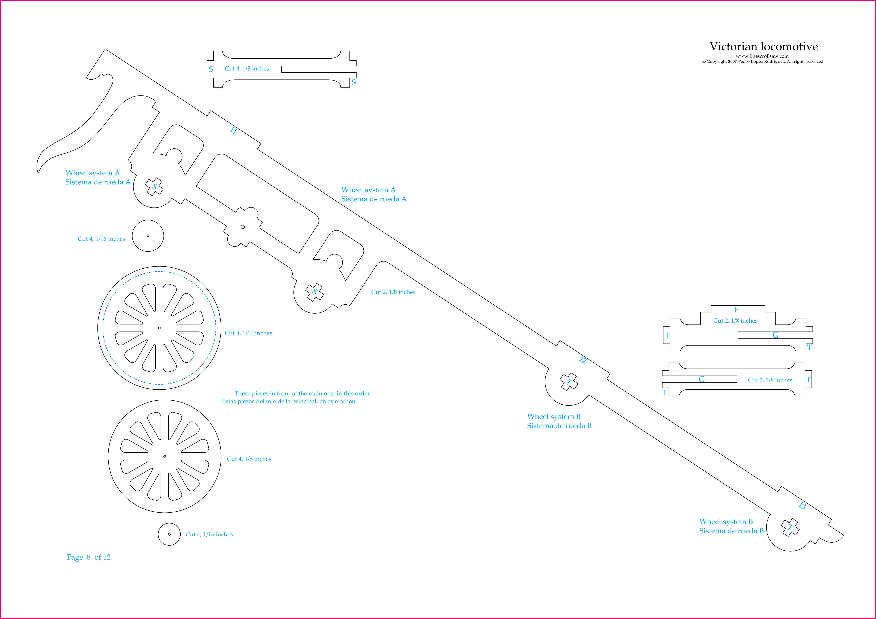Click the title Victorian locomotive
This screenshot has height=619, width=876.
(x=764, y=47)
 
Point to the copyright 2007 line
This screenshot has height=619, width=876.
(x=763, y=61)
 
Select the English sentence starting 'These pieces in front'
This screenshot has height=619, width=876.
(x=302, y=393)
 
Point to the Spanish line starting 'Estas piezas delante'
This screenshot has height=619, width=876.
(x=289, y=401)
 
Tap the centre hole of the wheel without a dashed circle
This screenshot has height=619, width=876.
(x=164, y=456)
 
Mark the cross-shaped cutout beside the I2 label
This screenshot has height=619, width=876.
(x=568, y=381)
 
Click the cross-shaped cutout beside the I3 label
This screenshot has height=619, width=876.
(x=790, y=528)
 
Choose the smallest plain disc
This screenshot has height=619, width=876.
(x=169, y=534)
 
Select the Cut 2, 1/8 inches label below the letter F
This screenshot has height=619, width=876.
(x=735, y=321)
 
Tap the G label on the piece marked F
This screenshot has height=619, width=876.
(x=775, y=335)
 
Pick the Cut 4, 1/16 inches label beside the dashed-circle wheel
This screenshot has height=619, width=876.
(x=248, y=333)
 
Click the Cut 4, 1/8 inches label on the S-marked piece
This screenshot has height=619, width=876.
(x=247, y=69)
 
